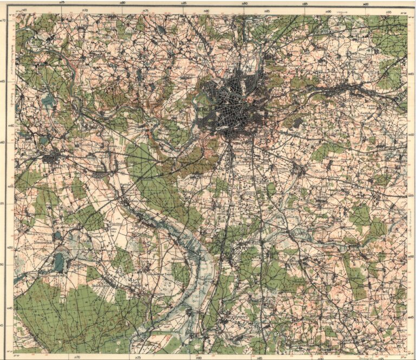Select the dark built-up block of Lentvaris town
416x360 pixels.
coord(53,158)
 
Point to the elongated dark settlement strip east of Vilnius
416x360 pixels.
coord(347,87)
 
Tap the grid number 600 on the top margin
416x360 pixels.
coord(366,4)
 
